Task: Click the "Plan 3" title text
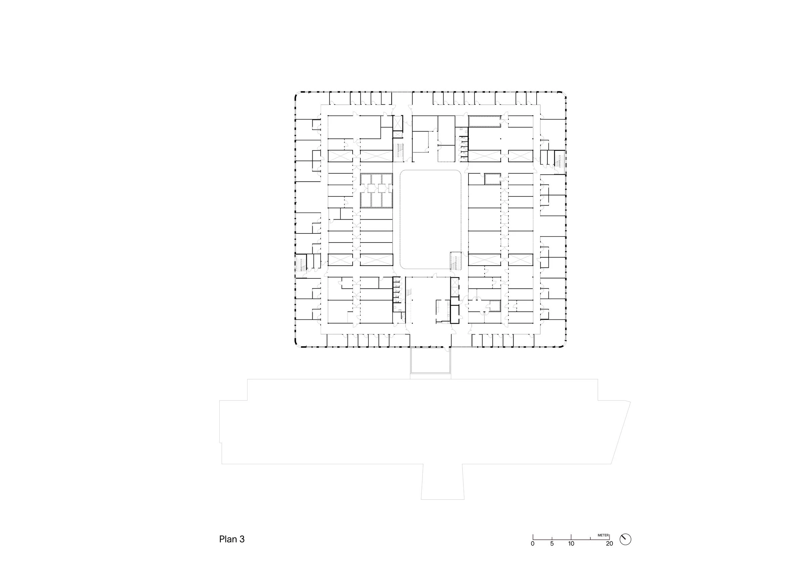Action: pos(232,539)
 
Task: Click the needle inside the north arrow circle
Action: pos(625,539)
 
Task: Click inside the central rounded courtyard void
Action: pos(431,219)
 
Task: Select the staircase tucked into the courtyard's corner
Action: pos(455,261)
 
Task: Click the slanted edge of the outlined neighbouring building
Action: pos(621,433)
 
